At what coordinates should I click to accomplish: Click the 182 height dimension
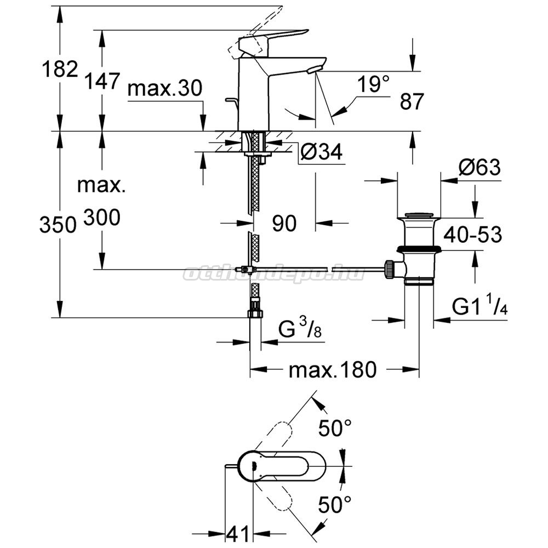point(60,69)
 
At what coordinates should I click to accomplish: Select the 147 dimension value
point(102,81)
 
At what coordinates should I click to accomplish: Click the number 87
point(412,101)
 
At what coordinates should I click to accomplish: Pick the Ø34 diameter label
point(322,151)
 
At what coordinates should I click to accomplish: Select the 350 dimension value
point(58,224)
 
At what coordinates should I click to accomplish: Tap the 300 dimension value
point(102,218)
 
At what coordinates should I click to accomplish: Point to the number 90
point(284,223)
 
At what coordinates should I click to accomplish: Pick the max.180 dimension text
point(333,369)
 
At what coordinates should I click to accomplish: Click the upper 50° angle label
point(335,428)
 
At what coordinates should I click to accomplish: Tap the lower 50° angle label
point(335,504)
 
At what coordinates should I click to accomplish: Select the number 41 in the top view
point(238,534)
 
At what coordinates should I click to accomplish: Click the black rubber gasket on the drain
point(419,249)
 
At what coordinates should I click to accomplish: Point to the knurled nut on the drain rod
point(390,269)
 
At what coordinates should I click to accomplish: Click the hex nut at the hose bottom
point(255,313)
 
